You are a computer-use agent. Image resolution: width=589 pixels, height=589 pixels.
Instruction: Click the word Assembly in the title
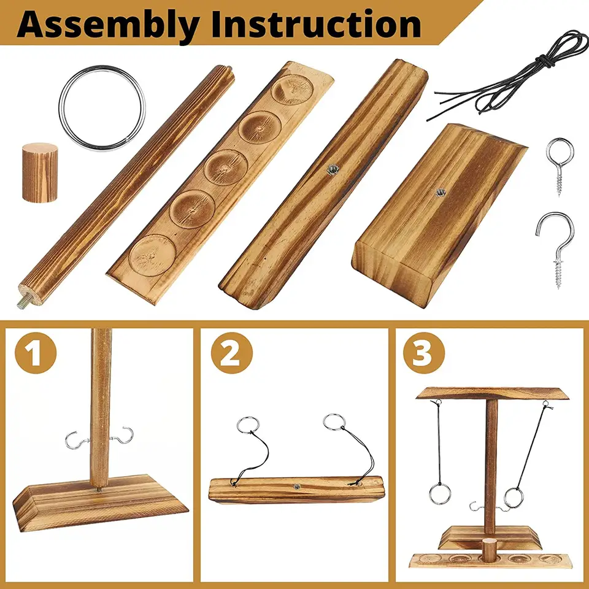108,24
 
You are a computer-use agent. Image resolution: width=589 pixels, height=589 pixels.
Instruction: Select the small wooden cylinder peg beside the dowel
40,172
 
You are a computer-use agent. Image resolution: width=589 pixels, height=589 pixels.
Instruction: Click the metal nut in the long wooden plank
332,170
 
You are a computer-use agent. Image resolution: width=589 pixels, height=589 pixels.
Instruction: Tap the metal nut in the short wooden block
441,193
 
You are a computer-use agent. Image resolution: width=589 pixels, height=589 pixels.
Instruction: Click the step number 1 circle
36,353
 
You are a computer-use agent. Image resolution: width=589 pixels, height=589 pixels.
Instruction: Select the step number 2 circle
231,353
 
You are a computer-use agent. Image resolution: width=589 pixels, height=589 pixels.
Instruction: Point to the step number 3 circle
424,353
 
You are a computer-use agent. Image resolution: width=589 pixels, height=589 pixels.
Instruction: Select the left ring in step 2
248,425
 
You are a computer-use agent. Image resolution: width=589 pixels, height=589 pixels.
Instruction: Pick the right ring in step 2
334,422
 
